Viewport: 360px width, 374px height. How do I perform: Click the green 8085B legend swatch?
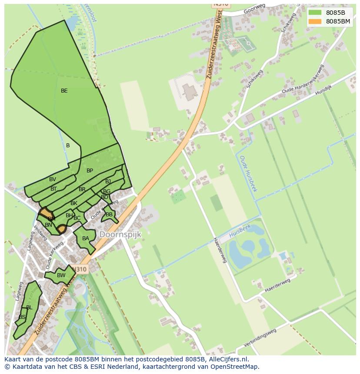tap(314, 13)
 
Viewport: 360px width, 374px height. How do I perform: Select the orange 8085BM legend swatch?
tap(314, 21)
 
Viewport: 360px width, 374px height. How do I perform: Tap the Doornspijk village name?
tap(120, 234)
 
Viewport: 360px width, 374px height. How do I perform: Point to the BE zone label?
tap(64, 91)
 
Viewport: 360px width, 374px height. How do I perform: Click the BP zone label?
tap(90, 171)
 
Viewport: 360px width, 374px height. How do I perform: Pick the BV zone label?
tap(53, 179)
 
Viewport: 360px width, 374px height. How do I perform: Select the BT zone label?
tap(53, 189)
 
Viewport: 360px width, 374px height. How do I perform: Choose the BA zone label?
tap(86, 238)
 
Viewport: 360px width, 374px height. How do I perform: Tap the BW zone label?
tap(61, 275)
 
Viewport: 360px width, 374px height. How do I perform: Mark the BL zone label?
tap(29, 308)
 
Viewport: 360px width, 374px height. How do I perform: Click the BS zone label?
tap(22, 318)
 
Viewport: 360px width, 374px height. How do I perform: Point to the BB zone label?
tap(109, 215)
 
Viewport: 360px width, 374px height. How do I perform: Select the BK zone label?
tap(74, 203)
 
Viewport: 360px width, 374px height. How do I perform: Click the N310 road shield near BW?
tap(80, 269)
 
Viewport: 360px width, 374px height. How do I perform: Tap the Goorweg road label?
tap(255, 10)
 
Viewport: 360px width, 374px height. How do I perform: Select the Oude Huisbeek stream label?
tap(249, 174)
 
